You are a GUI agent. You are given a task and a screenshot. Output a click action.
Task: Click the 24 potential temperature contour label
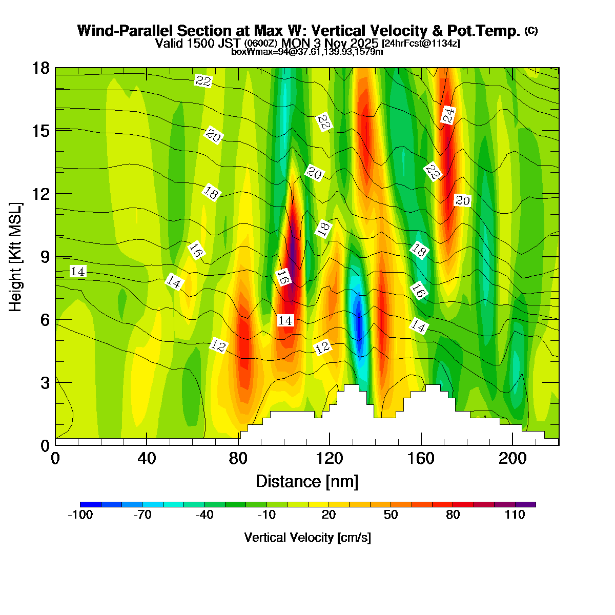click(448, 115)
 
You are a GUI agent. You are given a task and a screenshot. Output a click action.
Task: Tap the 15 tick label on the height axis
click(41, 131)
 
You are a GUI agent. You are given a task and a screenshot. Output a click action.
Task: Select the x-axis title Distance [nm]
click(307, 482)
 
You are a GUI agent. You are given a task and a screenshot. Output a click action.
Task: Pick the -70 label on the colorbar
click(142, 516)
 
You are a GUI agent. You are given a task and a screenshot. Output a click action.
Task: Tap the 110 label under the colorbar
click(515, 516)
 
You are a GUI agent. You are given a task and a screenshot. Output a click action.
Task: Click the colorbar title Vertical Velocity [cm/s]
click(307, 538)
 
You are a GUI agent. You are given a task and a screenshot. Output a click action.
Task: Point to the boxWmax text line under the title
click(307, 52)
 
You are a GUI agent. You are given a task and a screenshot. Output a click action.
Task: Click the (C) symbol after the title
click(531, 31)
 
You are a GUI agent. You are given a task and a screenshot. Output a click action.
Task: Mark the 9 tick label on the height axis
click(45, 257)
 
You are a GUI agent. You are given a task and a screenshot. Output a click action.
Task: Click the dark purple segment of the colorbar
click(525, 505)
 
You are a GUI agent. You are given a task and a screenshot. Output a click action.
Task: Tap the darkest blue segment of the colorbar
click(91, 505)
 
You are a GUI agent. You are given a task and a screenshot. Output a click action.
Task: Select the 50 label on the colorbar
click(391, 516)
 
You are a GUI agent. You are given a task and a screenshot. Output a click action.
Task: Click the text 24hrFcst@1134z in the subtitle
click(421, 44)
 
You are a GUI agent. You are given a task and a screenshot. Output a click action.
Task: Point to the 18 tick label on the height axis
click(41, 68)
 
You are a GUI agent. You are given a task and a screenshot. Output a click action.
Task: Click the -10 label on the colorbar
click(266, 516)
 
